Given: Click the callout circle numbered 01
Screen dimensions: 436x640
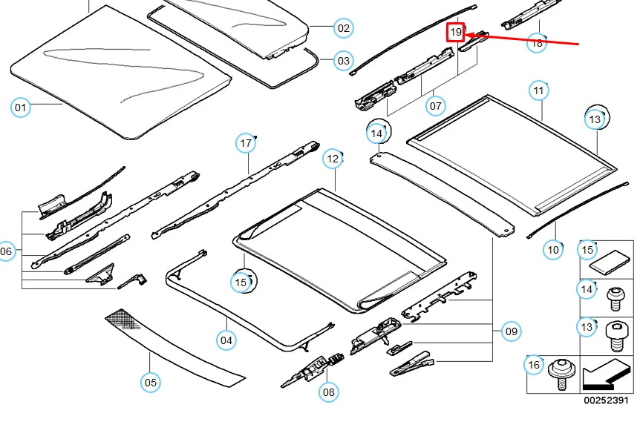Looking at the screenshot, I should pyautogui.click(x=22, y=108).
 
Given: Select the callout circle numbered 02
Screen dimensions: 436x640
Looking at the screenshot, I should pyautogui.click(x=343, y=29).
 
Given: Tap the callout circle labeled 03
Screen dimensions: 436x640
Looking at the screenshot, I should pyautogui.click(x=343, y=61).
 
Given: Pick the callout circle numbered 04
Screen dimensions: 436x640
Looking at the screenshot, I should pyautogui.click(x=226, y=341).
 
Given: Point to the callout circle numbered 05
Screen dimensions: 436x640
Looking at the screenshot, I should pyautogui.click(x=151, y=383).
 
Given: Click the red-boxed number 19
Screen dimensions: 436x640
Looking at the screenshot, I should pyautogui.click(x=455, y=33).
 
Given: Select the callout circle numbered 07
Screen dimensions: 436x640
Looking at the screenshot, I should pyautogui.click(x=436, y=106).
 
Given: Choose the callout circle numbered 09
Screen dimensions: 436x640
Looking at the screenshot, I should pyautogui.click(x=511, y=331).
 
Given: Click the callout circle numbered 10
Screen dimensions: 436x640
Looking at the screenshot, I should pyautogui.click(x=553, y=250).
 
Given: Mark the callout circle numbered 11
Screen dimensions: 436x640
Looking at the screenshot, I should pyautogui.click(x=539, y=90).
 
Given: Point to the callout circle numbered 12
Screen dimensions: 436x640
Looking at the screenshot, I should pyautogui.click(x=333, y=158).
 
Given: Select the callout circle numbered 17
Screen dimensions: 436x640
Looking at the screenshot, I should pyautogui.click(x=246, y=142).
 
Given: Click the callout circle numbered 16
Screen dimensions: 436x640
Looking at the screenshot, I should pyautogui.click(x=533, y=364).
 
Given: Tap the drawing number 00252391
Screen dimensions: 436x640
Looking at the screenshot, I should pyautogui.click(x=605, y=400).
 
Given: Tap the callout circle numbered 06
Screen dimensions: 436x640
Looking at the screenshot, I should pyautogui.click(x=7, y=252).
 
